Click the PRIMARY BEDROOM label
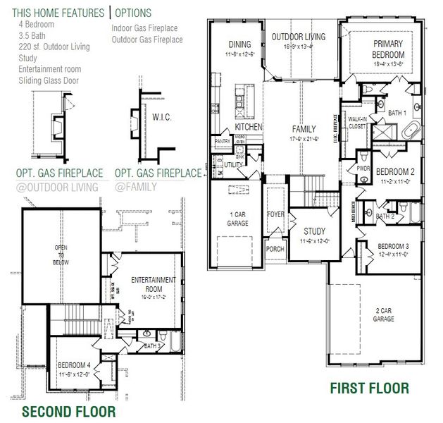[x=388, y=49]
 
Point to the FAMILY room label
[x=304, y=130]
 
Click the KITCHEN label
[x=249, y=127]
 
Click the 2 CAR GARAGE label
[x=383, y=314]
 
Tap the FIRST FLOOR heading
[x=369, y=388]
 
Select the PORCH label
[x=273, y=250]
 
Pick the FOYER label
[x=274, y=214]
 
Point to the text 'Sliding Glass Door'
[x=49, y=80]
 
